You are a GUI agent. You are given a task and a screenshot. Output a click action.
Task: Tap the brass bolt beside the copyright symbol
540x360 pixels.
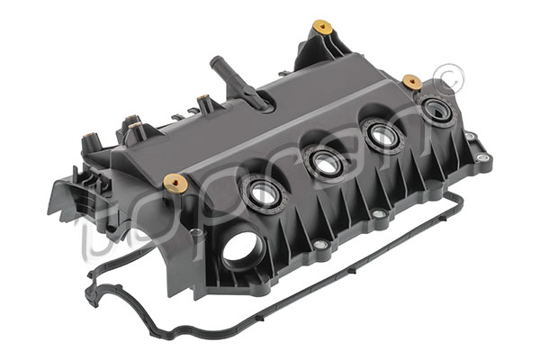point(412,82)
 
